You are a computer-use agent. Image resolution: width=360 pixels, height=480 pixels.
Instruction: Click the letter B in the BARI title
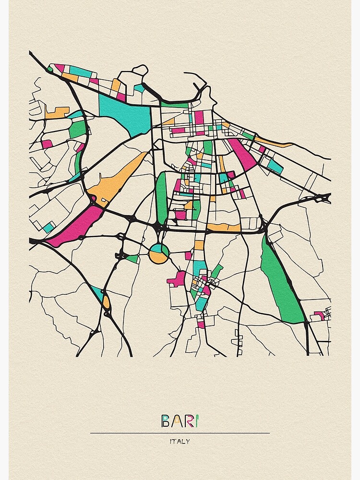click(x=165, y=421)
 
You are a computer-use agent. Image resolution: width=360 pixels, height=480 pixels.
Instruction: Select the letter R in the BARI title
click(x=186, y=421)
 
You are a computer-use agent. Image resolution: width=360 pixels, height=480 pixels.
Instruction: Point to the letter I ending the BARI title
click(x=196, y=421)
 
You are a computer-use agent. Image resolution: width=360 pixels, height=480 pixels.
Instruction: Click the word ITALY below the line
click(x=180, y=442)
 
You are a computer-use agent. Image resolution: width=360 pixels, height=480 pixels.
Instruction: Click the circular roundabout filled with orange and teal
click(x=158, y=253)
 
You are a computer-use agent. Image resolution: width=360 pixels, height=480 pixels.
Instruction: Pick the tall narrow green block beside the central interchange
click(x=161, y=197)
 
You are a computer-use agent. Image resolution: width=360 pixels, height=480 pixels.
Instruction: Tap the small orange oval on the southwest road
click(x=106, y=302)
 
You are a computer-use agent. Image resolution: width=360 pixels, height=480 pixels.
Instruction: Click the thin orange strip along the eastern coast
click(x=274, y=142)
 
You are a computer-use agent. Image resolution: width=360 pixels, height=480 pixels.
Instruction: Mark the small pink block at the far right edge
click(x=319, y=315)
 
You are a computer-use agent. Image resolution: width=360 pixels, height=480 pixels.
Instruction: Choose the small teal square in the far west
click(x=48, y=228)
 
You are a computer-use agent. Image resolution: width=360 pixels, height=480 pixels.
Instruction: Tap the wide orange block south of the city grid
click(x=224, y=227)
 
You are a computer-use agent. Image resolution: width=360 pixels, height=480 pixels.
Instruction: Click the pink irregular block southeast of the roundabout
click(x=177, y=279)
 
